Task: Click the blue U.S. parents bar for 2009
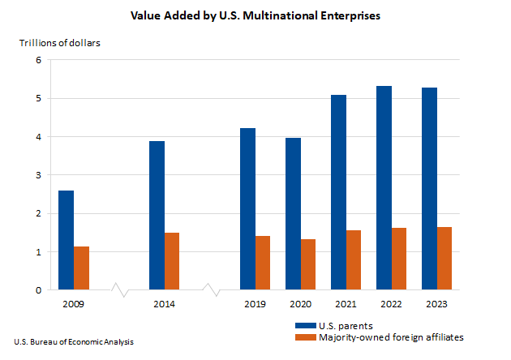click(66, 240)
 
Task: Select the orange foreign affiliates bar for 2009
click(81, 268)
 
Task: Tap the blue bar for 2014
click(157, 215)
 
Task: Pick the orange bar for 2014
click(172, 261)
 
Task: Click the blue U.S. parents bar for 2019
click(247, 208)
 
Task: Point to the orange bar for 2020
click(308, 264)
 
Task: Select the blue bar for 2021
click(338, 192)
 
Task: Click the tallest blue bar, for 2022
click(384, 187)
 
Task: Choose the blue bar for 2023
click(429, 188)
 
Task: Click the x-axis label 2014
click(164, 305)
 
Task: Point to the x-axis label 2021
click(346, 305)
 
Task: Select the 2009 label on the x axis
click(73, 305)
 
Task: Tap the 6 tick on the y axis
click(38, 60)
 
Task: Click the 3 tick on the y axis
click(38, 175)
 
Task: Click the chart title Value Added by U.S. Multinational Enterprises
click(255, 15)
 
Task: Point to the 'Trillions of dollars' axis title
click(59, 43)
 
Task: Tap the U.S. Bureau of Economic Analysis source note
click(74, 342)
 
